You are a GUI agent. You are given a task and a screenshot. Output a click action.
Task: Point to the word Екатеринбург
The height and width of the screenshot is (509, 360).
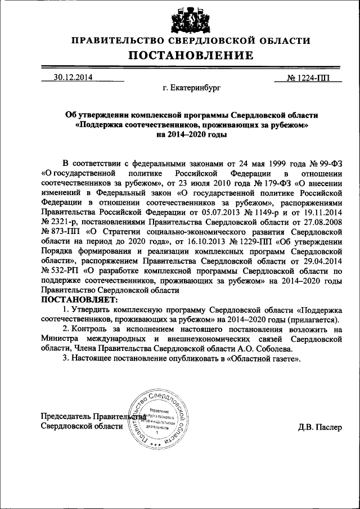[x=192, y=88]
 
